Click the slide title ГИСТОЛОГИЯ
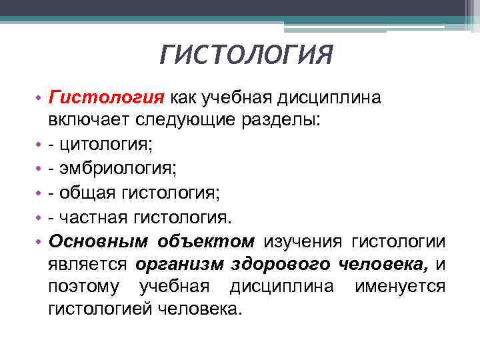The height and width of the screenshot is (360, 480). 246,55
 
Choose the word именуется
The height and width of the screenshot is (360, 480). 409,287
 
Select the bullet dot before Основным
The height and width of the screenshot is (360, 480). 38,240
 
